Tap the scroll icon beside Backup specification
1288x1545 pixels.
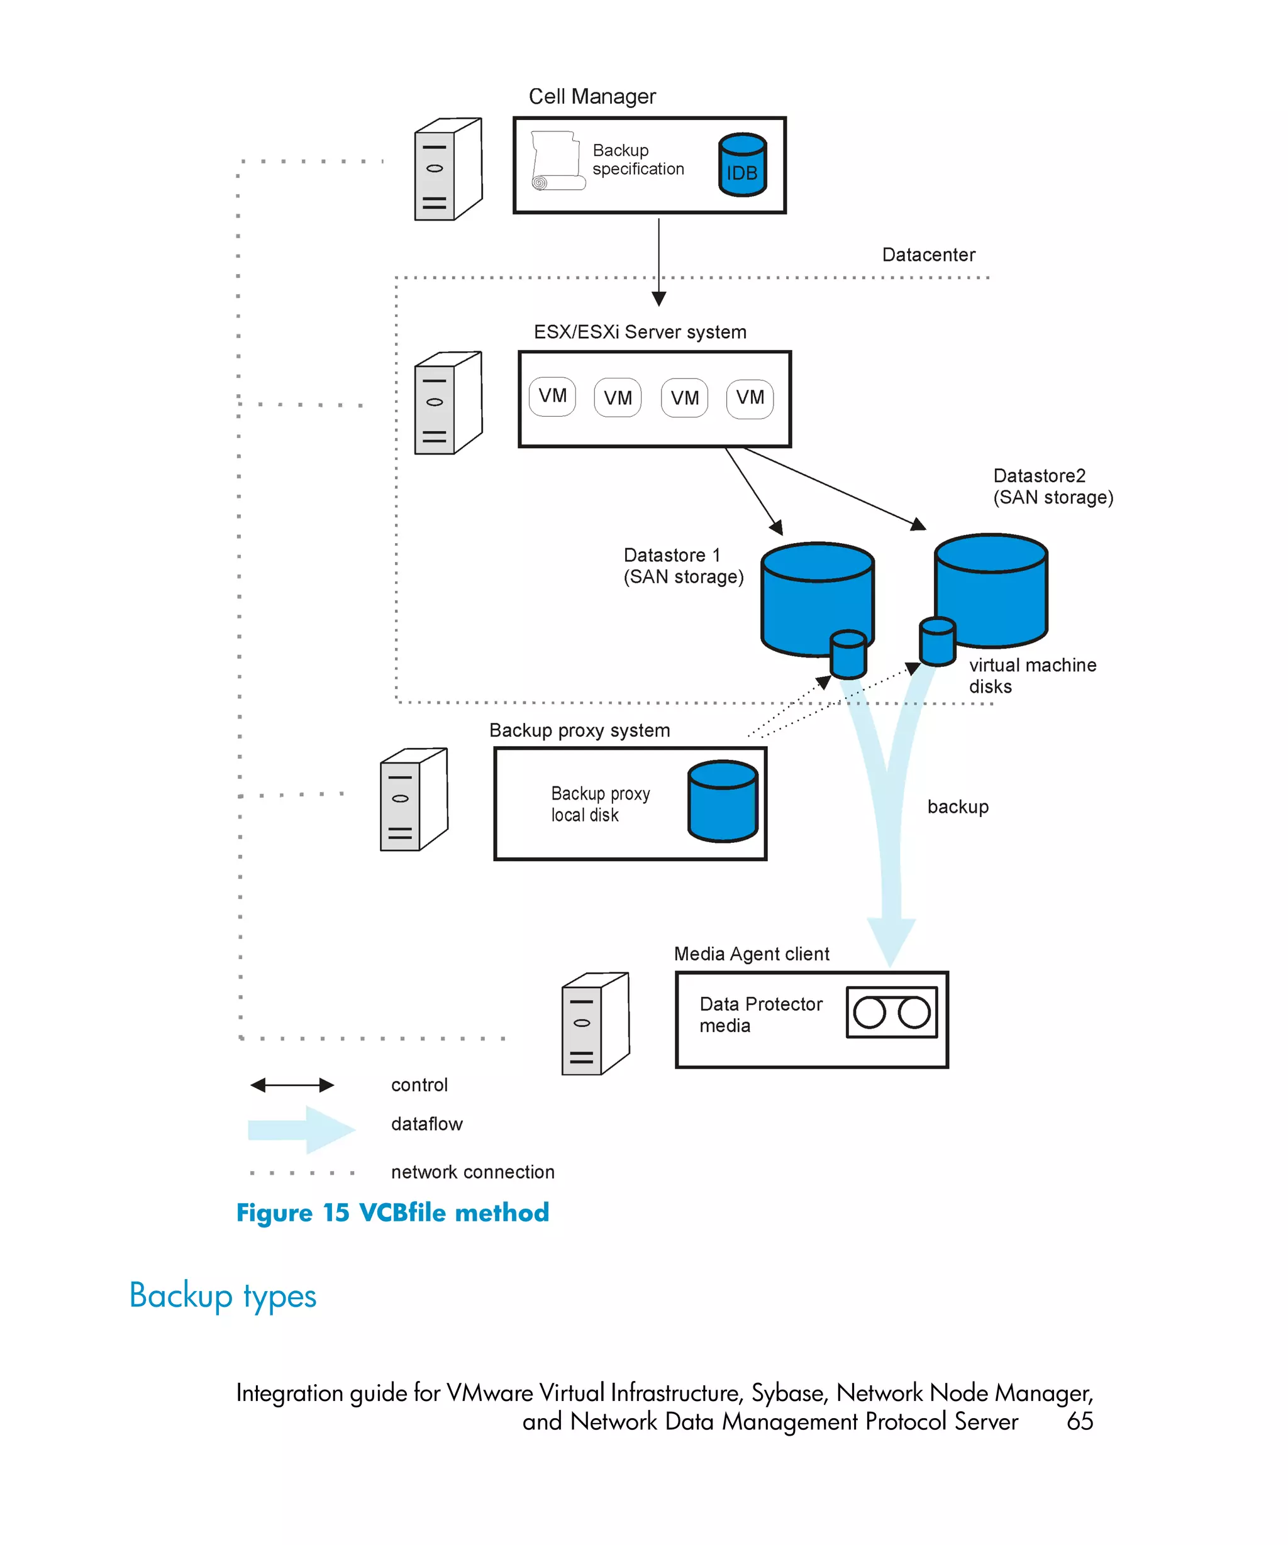point(557,161)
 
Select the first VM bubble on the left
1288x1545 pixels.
point(552,397)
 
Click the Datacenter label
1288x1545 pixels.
point(928,255)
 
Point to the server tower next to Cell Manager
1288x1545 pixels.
point(448,169)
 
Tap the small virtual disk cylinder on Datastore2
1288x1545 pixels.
point(937,642)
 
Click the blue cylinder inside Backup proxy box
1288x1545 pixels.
point(722,801)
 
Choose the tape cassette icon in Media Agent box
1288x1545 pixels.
point(891,1013)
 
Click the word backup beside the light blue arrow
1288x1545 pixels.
point(958,806)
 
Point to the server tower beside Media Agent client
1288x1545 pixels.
point(595,1023)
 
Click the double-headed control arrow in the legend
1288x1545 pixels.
point(292,1084)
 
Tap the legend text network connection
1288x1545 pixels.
point(472,1172)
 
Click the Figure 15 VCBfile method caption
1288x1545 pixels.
point(392,1212)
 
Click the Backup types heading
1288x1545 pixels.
point(223,1295)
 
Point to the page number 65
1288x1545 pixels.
point(1079,1421)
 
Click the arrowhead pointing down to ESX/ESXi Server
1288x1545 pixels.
point(658,299)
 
